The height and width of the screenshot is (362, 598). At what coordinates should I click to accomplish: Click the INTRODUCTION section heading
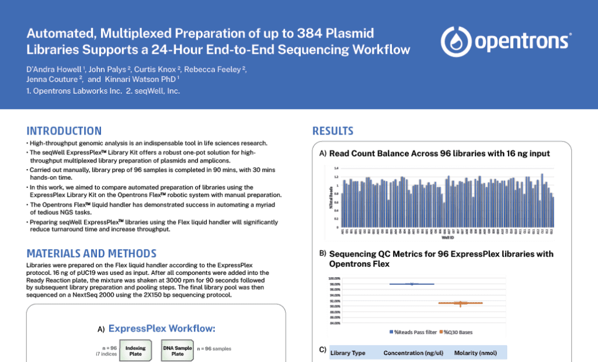(x=64, y=130)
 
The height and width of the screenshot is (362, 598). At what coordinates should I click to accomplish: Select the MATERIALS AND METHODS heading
(x=91, y=253)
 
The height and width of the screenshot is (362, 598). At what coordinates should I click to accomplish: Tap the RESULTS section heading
(x=333, y=130)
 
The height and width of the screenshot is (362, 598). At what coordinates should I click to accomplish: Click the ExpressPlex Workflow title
(x=161, y=329)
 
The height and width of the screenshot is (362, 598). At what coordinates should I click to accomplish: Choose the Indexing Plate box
(x=135, y=350)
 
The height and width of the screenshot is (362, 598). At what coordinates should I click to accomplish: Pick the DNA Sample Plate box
(x=176, y=350)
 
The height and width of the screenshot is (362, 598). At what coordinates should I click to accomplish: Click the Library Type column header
(x=348, y=353)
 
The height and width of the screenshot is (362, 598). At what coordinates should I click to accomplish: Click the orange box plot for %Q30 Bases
(x=460, y=303)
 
